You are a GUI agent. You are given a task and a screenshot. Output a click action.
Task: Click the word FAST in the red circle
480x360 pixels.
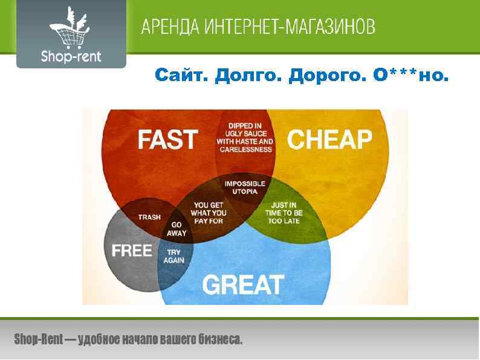[x=168, y=139]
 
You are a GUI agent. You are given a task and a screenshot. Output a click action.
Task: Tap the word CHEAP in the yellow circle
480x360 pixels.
[x=329, y=139]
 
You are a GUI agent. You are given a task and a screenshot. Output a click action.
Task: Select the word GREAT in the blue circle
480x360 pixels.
[x=243, y=284]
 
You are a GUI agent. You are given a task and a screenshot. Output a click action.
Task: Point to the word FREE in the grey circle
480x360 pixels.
[x=132, y=250]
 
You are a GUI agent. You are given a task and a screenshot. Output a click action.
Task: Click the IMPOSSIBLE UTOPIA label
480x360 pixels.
[x=245, y=187]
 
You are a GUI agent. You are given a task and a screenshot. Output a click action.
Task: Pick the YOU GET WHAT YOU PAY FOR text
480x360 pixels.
[x=209, y=213]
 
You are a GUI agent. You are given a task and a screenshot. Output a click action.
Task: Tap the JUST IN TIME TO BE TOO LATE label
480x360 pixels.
[x=284, y=213]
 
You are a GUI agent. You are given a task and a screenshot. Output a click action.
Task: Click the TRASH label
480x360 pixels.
[x=149, y=217]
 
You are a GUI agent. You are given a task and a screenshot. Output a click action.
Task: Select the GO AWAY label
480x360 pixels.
[x=176, y=229]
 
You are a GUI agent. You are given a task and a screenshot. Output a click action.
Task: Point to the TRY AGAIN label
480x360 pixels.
[x=174, y=256]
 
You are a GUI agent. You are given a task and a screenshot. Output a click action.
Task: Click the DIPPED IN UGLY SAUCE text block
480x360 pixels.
[x=245, y=137]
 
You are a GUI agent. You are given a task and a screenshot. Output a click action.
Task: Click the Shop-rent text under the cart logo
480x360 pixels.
[x=71, y=57]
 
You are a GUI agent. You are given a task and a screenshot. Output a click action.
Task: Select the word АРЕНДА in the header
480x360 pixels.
[x=170, y=27]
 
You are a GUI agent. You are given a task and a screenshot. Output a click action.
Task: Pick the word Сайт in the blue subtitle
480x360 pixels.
[x=174, y=76]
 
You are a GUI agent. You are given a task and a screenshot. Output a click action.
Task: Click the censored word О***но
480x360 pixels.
[x=412, y=76]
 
